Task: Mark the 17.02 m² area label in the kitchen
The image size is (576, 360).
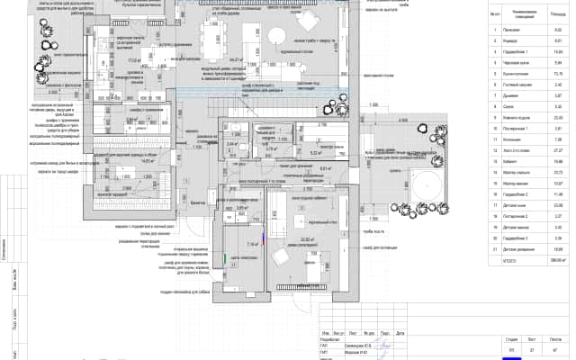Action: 133,62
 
